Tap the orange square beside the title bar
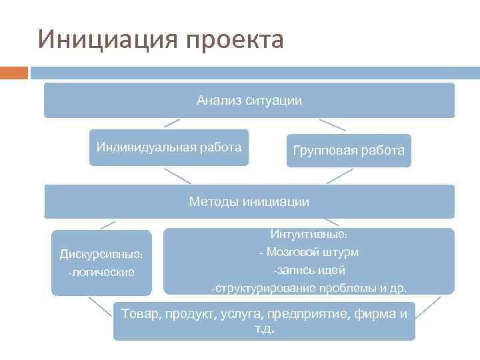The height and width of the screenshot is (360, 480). click(x=14, y=72)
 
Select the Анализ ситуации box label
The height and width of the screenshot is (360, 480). click(x=249, y=101)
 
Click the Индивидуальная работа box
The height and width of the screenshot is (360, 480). click(x=169, y=147)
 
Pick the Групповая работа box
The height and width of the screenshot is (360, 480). click(x=349, y=151)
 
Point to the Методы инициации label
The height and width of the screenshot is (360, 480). click(x=249, y=201)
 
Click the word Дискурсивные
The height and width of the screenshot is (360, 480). click(x=101, y=254)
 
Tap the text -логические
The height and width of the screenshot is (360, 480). click(x=101, y=271)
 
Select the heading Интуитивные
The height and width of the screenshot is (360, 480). click(x=309, y=235)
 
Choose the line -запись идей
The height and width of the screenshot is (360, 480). click(x=309, y=270)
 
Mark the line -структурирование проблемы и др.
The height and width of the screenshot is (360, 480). click(x=309, y=288)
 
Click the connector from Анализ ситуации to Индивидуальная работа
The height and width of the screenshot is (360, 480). click(x=171, y=123)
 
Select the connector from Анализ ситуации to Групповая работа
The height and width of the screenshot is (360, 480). click(x=332, y=125)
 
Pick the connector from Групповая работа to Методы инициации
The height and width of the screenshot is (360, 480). click(x=340, y=175)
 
